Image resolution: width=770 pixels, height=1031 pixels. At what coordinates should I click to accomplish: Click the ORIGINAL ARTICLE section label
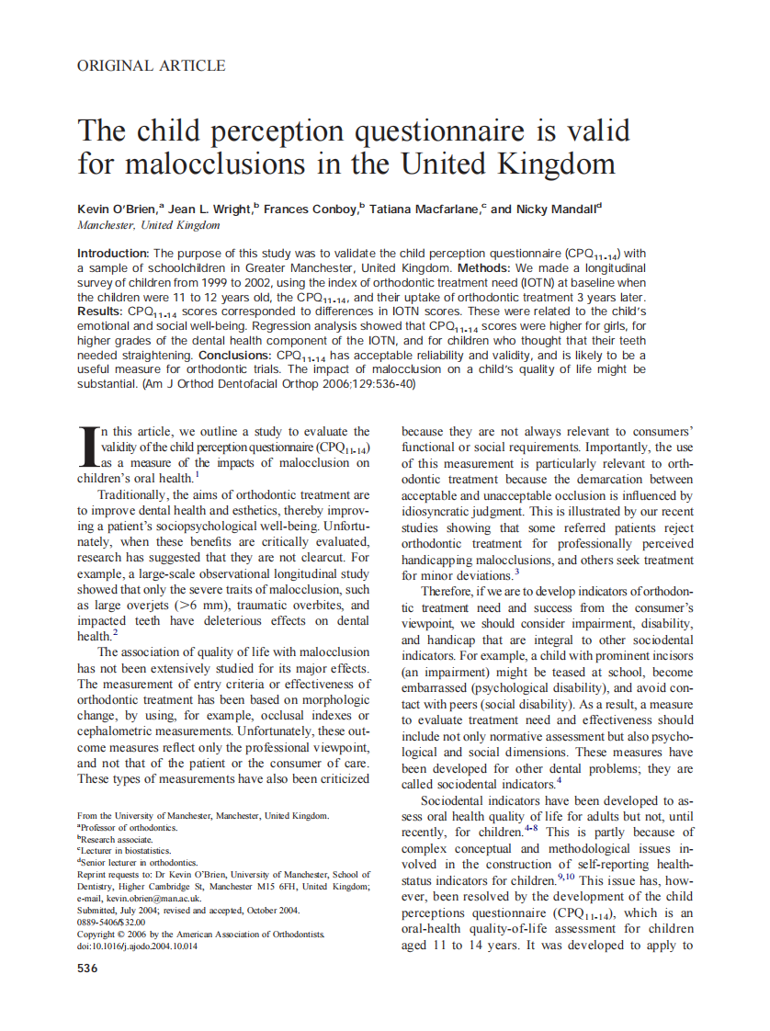pos(152,65)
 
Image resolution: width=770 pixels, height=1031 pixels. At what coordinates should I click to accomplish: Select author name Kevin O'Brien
pos(117,210)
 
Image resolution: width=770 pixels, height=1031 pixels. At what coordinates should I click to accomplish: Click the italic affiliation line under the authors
pos(149,225)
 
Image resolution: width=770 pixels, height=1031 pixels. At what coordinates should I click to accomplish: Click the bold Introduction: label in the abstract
pos(113,254)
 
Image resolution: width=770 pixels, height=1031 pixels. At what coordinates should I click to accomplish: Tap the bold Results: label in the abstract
pos(100,312)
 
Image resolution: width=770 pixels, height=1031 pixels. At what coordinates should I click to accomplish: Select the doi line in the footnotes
pos(137,946)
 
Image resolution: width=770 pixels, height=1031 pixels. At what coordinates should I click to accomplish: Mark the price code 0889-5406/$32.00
pos(111,922)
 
